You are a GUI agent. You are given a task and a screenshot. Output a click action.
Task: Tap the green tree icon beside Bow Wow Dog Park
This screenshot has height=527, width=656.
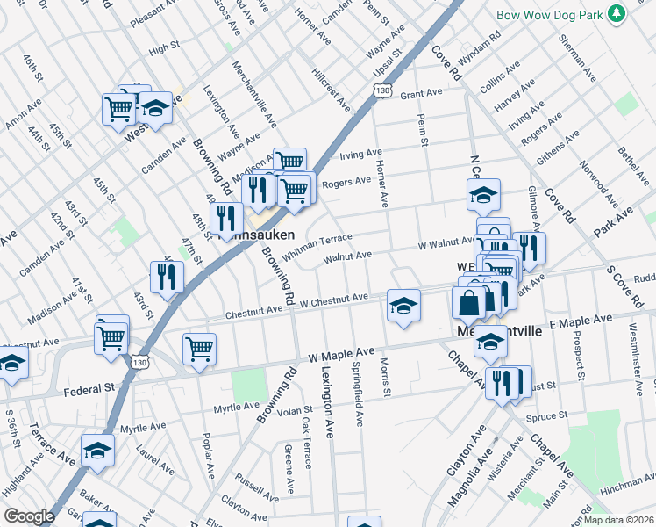617,13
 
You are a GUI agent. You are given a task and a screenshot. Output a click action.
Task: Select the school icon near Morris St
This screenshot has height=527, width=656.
403,306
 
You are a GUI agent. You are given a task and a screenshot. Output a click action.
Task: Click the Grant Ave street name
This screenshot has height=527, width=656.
421,94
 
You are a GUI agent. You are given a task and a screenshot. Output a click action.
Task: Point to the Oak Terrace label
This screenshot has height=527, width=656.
305,442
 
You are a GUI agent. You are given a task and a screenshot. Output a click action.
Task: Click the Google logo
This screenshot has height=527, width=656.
29,516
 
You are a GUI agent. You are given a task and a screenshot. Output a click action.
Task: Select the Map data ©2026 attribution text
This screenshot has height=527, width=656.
618,519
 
